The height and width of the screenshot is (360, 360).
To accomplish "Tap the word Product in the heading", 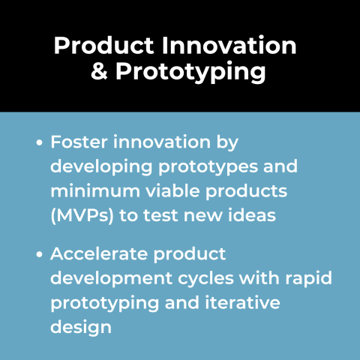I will [x=98, y=45].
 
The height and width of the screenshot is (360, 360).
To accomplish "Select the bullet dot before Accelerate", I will [x=39, y=254].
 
